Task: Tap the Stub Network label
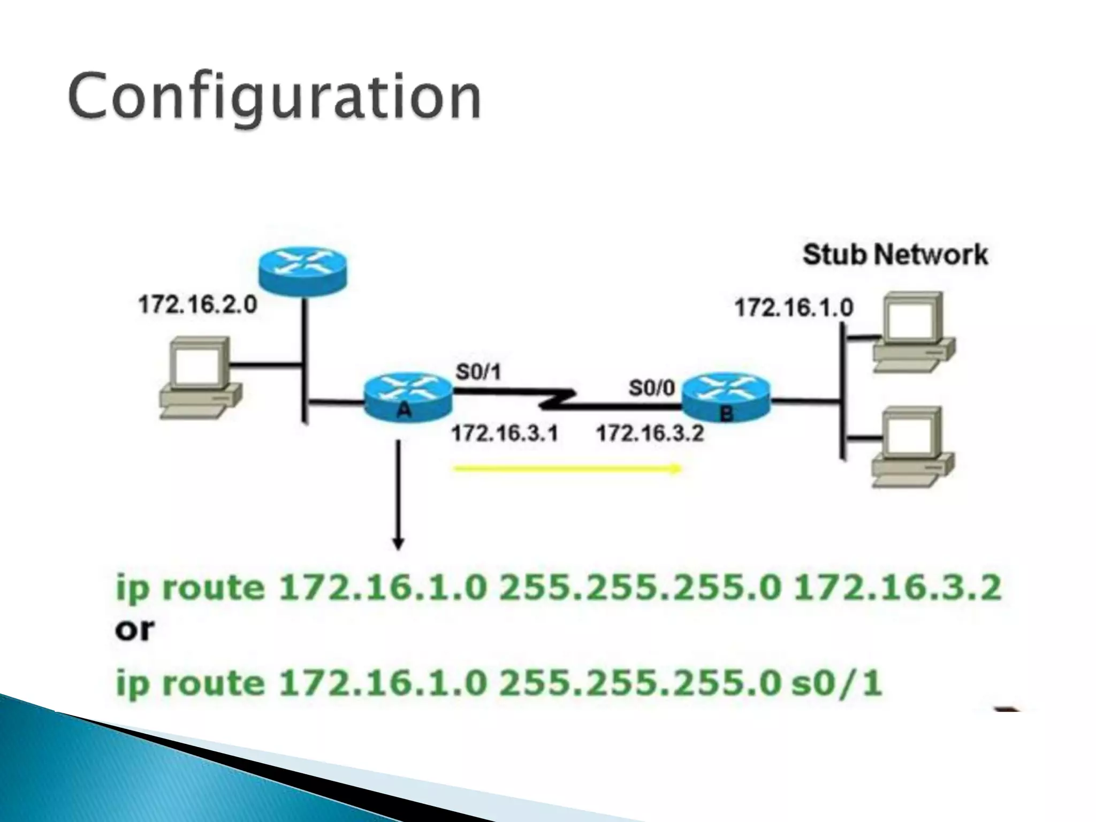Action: (x=895, y=255)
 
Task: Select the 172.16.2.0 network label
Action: (x=197, y=306)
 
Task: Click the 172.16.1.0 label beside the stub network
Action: (x=794, y=308)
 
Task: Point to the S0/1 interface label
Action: (x=478, y=371)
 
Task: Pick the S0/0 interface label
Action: (x=652, y=387)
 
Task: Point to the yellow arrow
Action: (x=567, y=469)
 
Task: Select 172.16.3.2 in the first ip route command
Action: (x=897, y=588)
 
